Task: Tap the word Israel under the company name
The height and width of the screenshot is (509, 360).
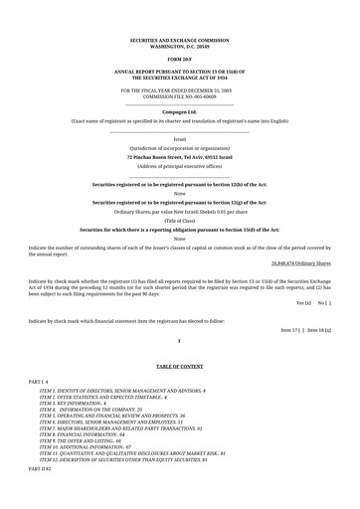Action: click(x=179, y=138)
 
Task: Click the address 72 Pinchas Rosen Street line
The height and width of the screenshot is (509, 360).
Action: click(x=179, y=157)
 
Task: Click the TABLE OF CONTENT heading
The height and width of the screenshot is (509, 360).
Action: click(x=179, y=367)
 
